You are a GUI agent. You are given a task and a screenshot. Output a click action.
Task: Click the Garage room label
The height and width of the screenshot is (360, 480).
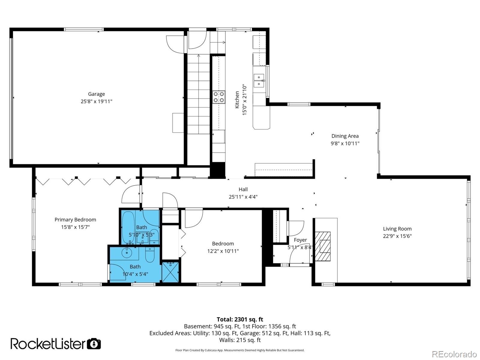click(96, 94)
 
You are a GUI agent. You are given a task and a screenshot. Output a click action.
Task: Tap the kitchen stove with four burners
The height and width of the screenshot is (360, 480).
click(219, 97)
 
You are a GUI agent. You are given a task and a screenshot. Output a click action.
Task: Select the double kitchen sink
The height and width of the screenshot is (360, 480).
click(259, 80)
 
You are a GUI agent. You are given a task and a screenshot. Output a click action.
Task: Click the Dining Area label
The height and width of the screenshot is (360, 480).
click(345, 136)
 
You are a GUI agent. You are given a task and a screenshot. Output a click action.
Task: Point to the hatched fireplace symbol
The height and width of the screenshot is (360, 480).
click(322, 246)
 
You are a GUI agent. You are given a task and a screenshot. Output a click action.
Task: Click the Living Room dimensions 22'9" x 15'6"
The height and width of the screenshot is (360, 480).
click(397, 236)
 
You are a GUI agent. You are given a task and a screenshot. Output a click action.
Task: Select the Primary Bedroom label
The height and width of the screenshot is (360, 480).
click(75, 220)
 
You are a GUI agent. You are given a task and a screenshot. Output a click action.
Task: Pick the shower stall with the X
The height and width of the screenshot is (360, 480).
click(170, 272)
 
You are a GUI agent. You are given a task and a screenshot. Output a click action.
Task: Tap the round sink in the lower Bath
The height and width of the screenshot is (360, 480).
click(127, 253)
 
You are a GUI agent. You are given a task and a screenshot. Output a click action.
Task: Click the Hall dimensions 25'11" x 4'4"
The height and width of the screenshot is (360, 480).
click(243, 197)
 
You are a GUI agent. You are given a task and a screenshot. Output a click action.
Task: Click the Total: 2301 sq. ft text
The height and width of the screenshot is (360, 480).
click(240, 319)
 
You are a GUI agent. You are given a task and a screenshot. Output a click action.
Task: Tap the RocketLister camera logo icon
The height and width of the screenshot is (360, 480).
click(94, 343)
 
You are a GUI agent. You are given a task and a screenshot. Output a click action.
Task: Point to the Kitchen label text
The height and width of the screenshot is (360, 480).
click(237, 100)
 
